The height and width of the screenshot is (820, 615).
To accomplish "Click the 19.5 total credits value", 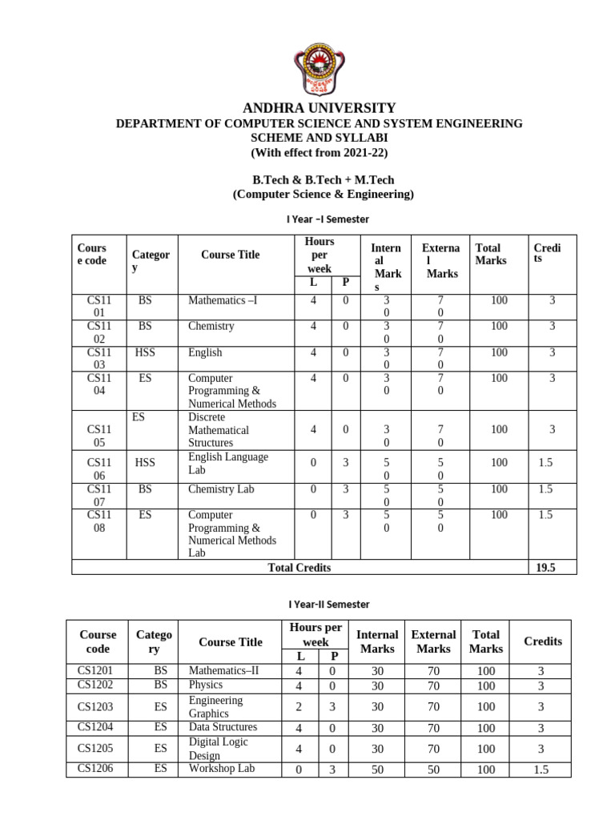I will click(545, 568).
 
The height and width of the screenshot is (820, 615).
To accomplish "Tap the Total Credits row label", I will click(299, 568).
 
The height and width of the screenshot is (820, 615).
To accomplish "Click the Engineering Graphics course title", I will click(215, 706).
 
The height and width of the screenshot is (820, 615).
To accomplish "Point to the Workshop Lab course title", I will click(222, 769).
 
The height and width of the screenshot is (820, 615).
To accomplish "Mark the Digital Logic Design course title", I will click(215, 749).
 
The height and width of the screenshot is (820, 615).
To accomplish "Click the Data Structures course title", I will click(223, 727).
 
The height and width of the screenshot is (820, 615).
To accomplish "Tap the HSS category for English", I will click(145, 352).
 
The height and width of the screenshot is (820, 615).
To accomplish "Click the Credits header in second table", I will click(542, 641).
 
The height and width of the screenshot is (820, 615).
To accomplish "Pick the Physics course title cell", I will click(206, 685).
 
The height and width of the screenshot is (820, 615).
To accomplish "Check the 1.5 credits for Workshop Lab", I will click(541, 770).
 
